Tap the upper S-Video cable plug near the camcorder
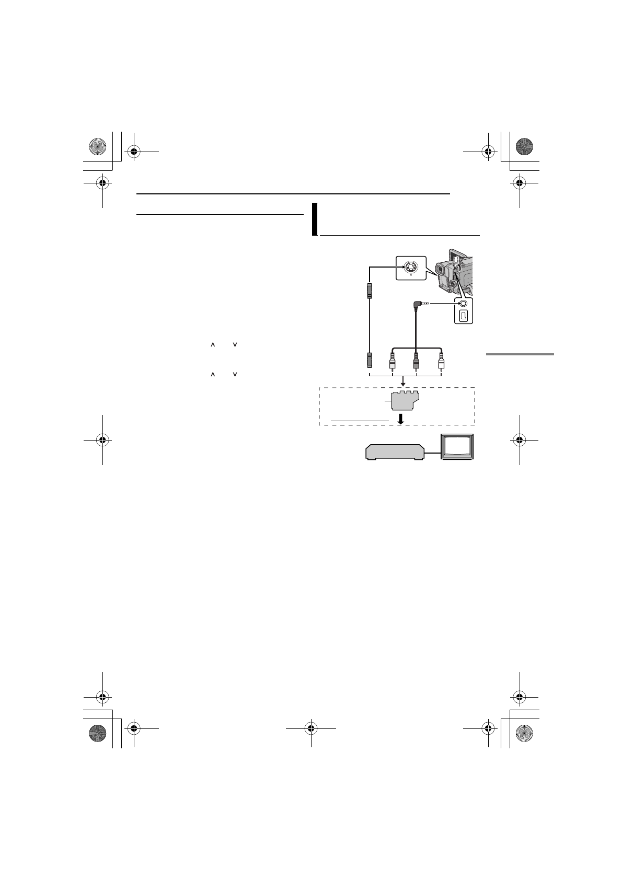click(369, 291)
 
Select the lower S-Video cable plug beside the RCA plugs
click(369, 360)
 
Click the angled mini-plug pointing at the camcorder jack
click(419, 304)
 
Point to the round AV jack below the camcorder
click(463, 303)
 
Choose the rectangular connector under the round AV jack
click(463, 316)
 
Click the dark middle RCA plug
click(416, 361)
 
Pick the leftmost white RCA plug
click(392, 361)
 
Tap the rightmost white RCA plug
click(441, 361)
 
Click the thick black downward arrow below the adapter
click(401, 419)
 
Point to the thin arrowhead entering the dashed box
click(403, 384)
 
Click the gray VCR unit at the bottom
click(395, 452)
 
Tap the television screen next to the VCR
click(457, 446)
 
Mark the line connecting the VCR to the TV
click(433, 453)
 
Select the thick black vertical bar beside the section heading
click(314, 219)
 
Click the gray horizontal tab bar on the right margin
click(520, 354)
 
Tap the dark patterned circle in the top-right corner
click(524, 147)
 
